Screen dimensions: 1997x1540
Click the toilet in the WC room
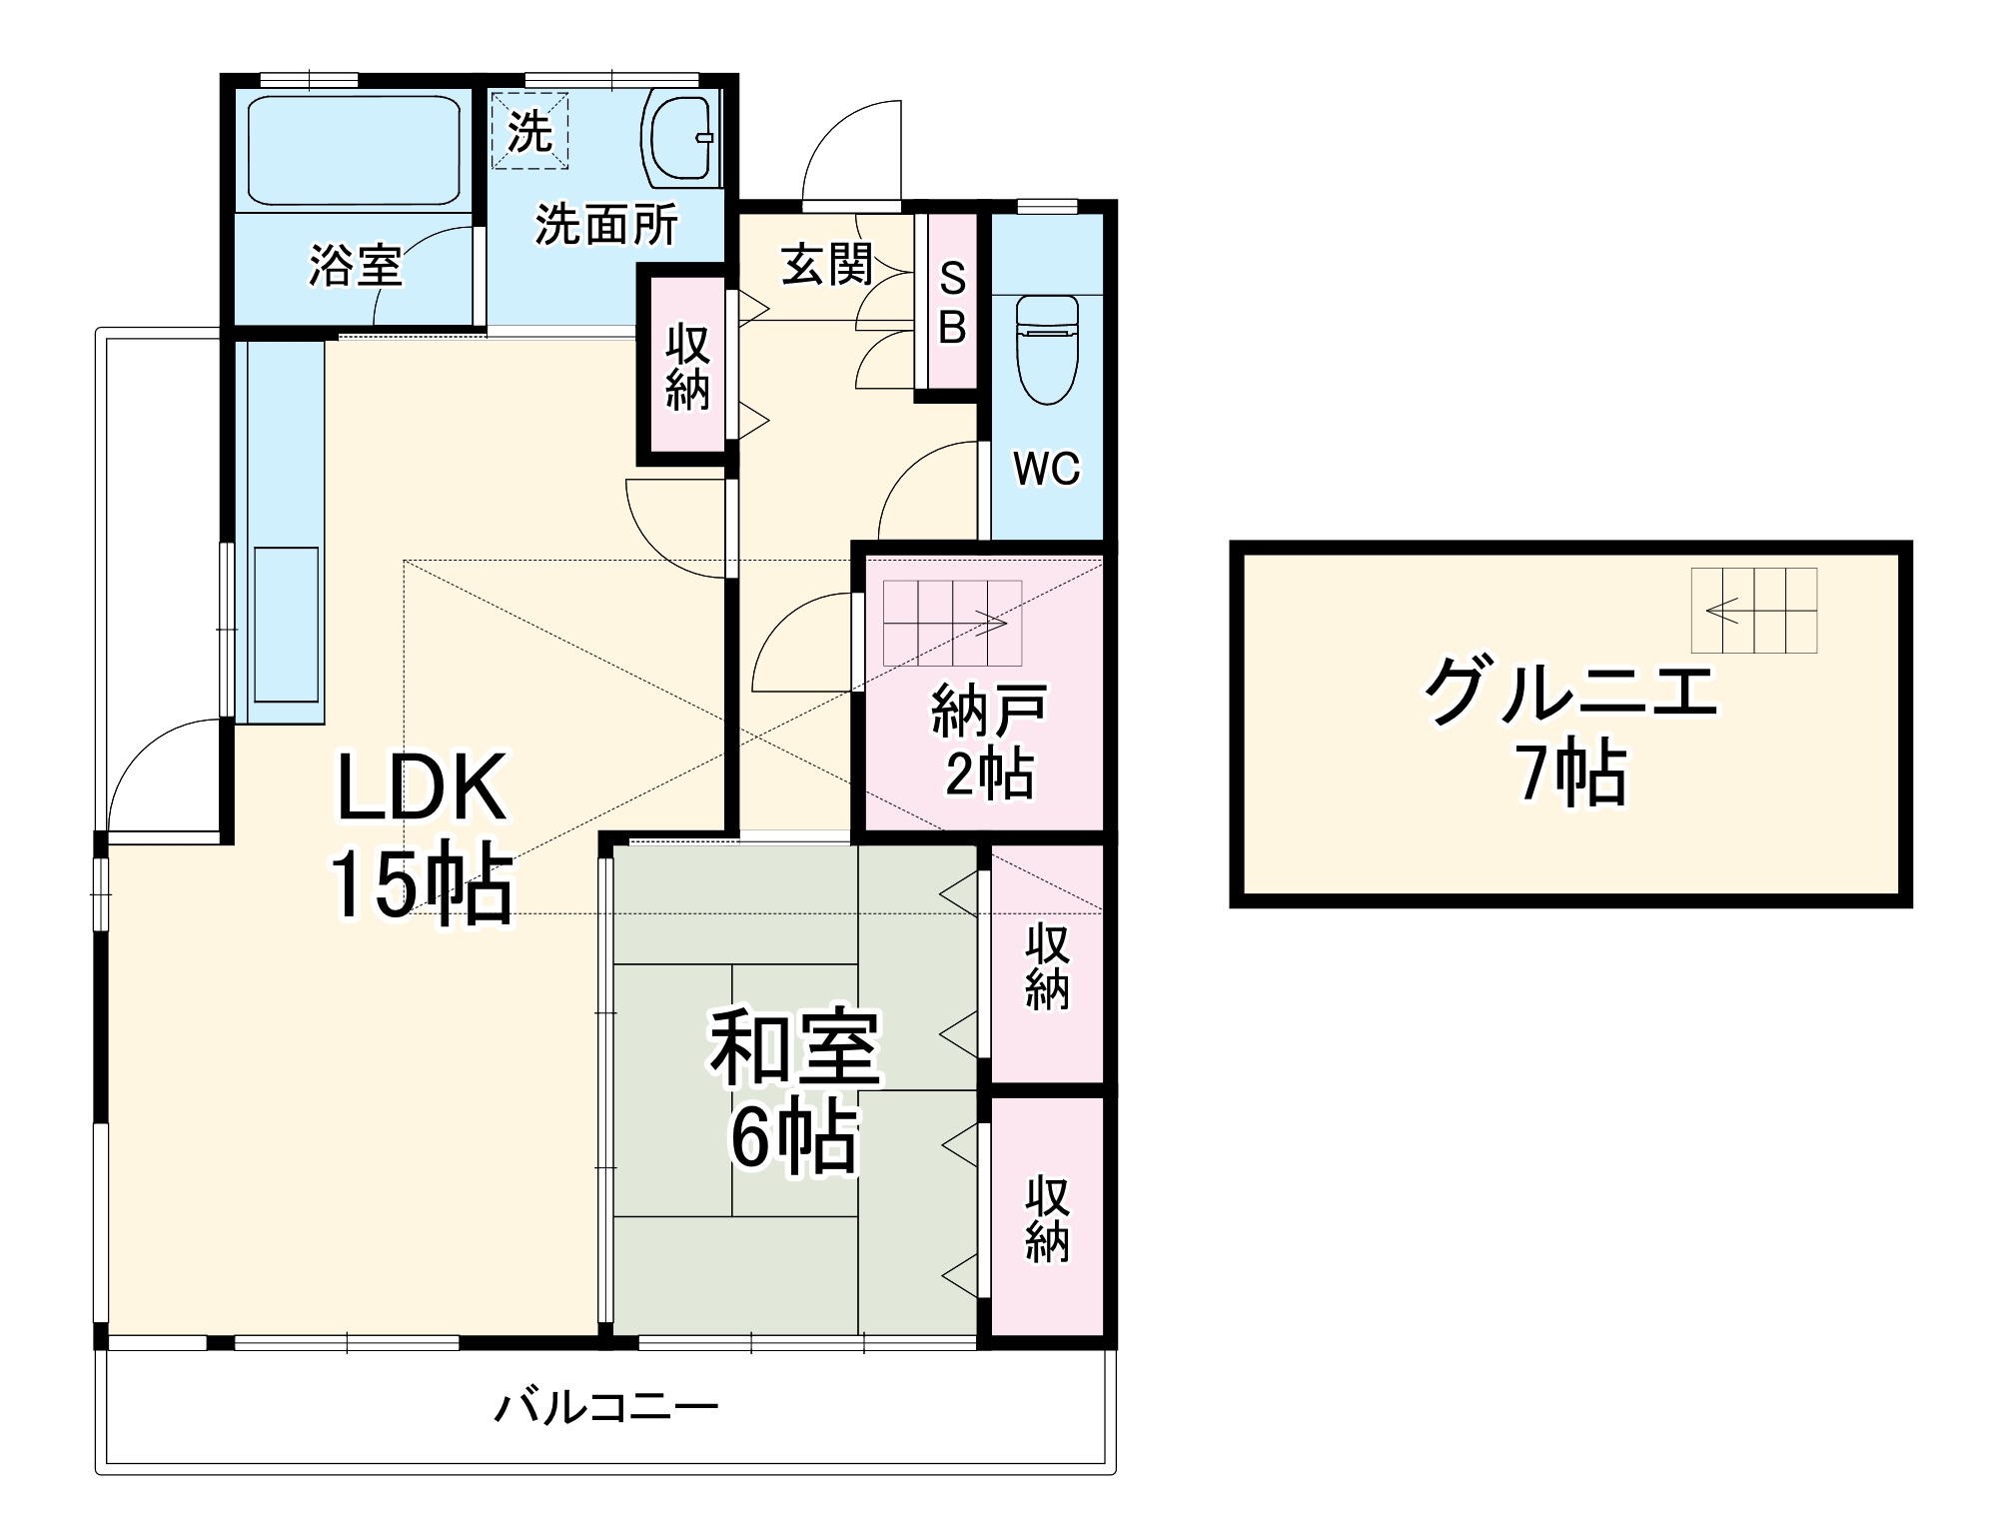(x=1047, y=349)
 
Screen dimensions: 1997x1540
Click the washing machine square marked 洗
(x=529, y=131)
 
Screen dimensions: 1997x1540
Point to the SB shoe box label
(x=953, y=303)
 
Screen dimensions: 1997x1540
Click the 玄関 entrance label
(x=827, y=265)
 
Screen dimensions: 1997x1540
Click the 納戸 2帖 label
(x=989, y=741)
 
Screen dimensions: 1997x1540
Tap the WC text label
(x=1047, y=469)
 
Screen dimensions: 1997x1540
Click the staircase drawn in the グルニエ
(x=1753, y=610)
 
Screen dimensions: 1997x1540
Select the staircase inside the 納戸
(x=952, y=623)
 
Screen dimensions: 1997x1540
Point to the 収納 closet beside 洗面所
(x=687, y=366)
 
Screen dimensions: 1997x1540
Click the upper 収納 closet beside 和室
(x=1047, y=965)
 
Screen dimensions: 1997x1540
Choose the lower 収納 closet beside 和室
(x=1047, y=1217)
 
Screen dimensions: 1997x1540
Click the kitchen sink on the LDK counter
(x=286, y=625)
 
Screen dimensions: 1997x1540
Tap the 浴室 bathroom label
(x=356, y=266)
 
